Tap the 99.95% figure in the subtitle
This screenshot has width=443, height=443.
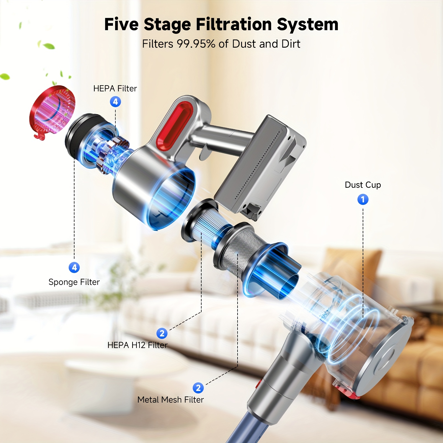click(x=196, y=44)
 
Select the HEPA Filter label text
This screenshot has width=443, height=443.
click(x=115, y=89)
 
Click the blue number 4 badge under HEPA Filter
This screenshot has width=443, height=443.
click(x=115, y=102)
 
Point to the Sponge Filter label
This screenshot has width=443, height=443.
click(x=74, y=282)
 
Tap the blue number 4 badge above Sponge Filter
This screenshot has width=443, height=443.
click(x=74, y=267)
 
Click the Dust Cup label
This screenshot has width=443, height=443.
click(x=363, y=185)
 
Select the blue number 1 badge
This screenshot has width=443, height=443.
click(x=363, y=199)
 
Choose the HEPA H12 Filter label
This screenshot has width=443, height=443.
click(x=137, y=345)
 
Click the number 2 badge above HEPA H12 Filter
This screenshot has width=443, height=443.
click(x=162, y=333)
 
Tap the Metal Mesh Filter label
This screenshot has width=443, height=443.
click(x=171, y=400)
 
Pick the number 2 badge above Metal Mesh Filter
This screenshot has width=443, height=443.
click(x=198, y=388)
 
